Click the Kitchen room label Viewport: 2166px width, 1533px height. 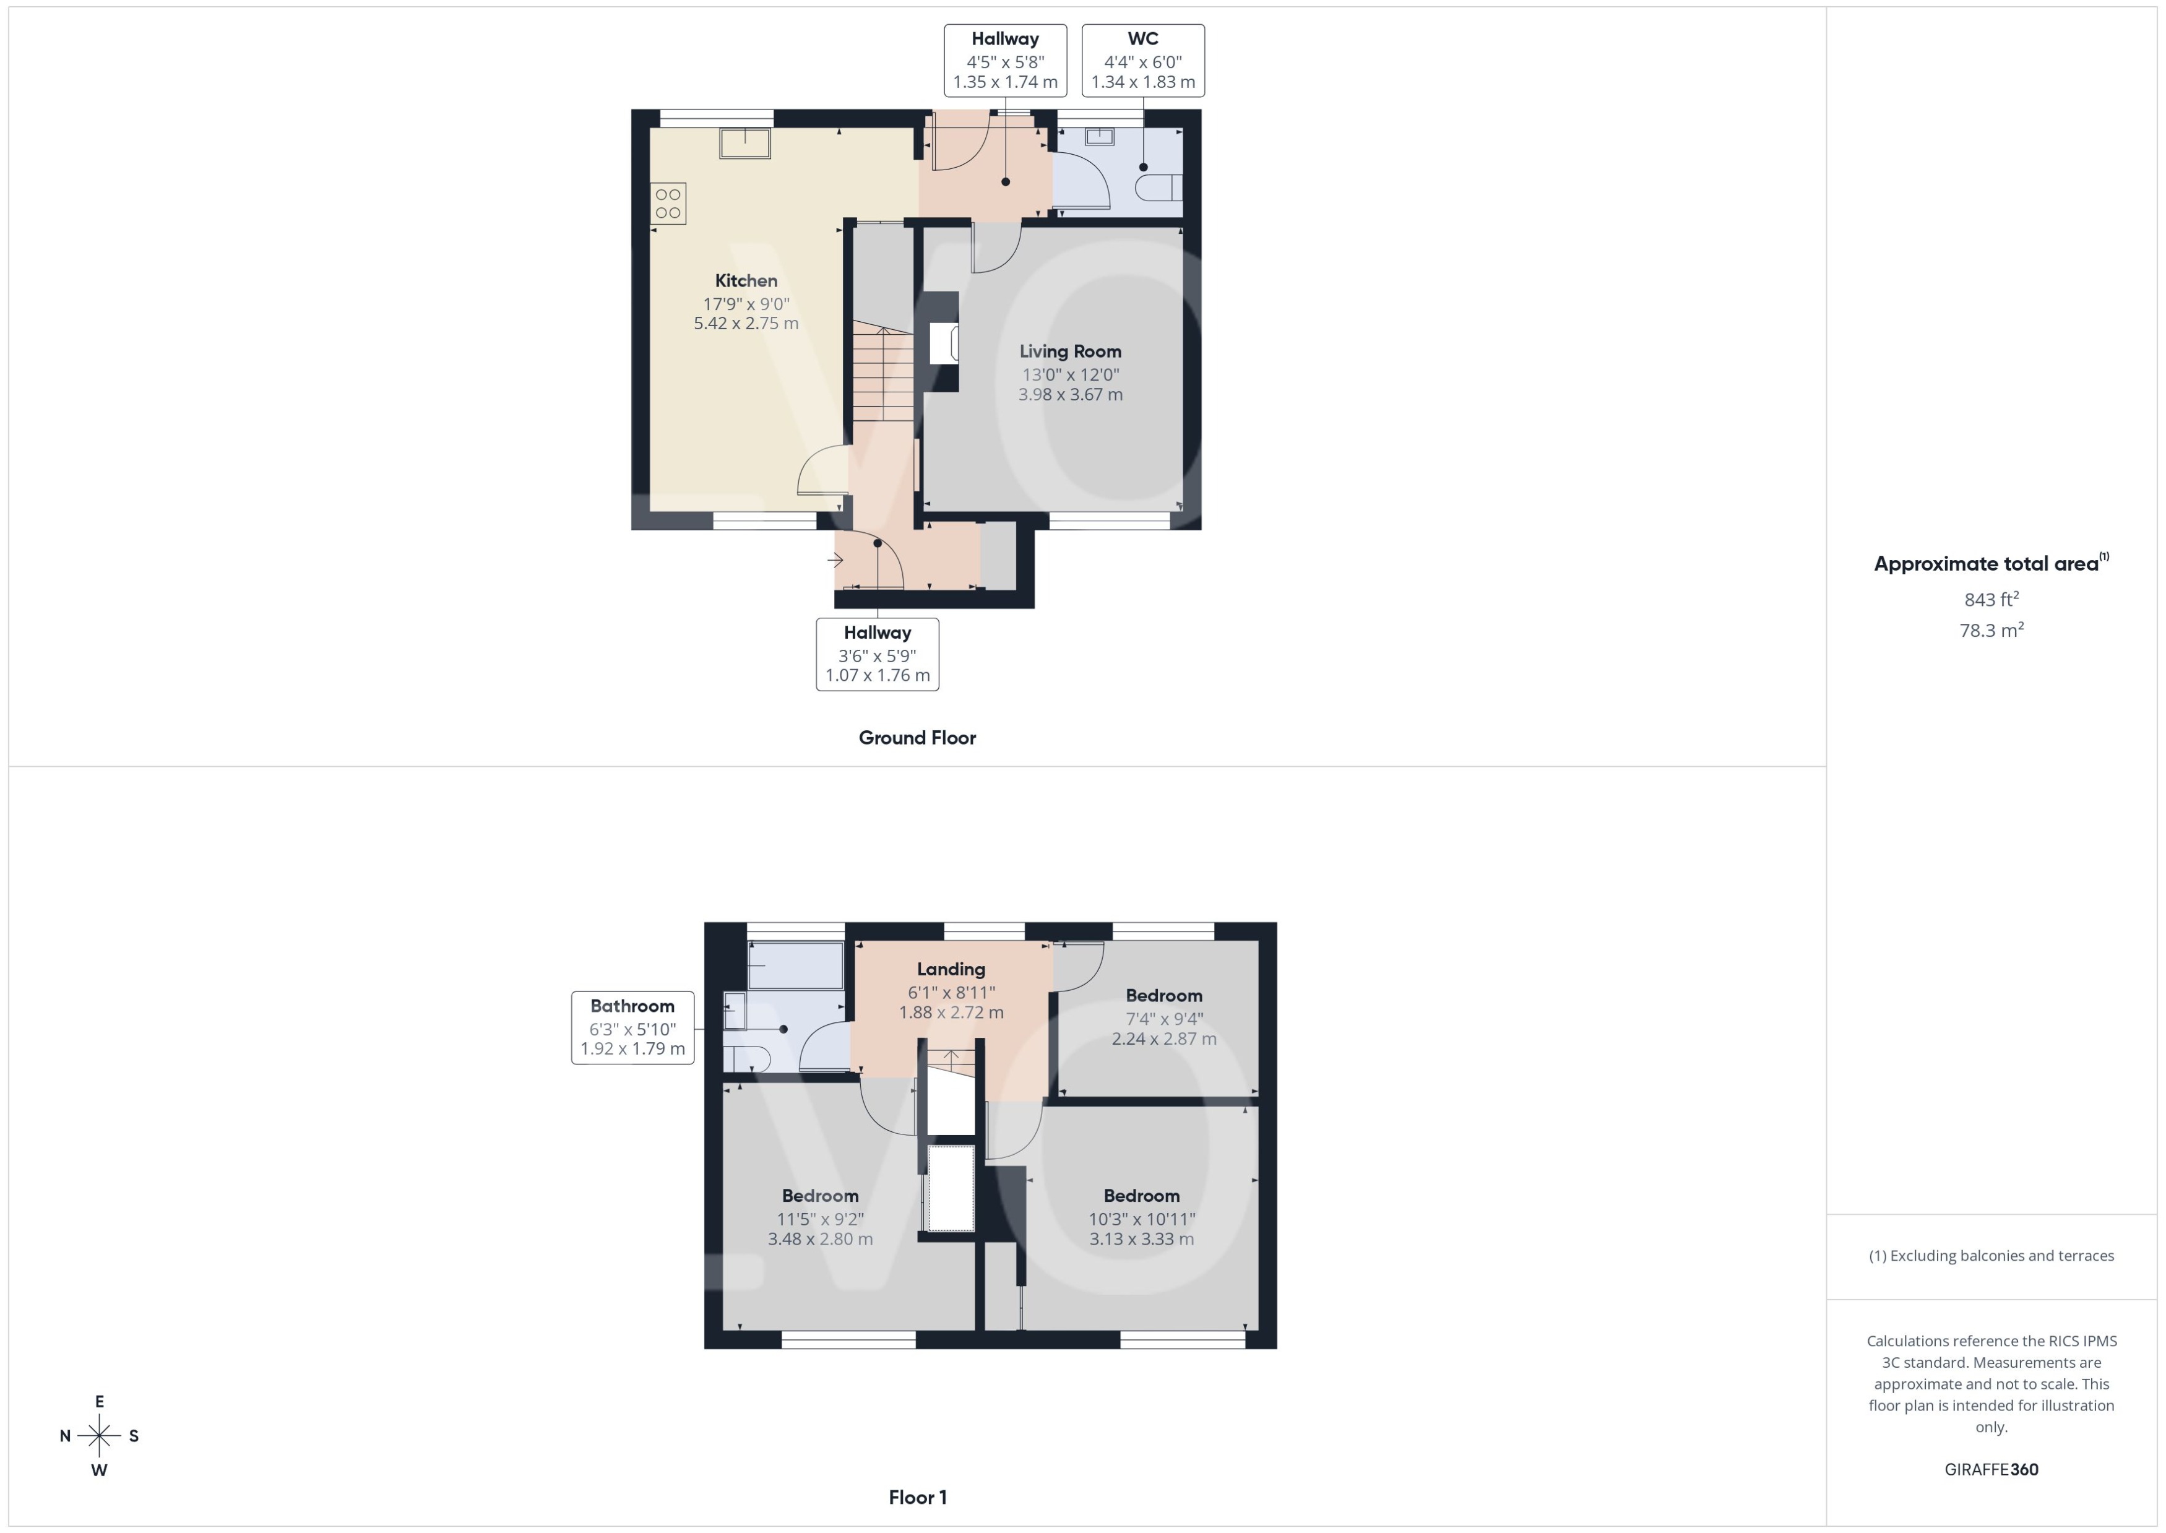pyautogui.click(x=746, y=280)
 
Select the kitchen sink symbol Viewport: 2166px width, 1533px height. pyautogui.click(x=744, y=144)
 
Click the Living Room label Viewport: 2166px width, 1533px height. pyautogui.click(x=1070, y=351)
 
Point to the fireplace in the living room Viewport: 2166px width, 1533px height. pyautogui.click(x=944, y=343)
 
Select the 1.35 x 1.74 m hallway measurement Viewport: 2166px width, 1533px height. pyautogui.click(x=1005, y=82)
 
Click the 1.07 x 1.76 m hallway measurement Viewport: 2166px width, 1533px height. pyautogui.click(x=877, y=676)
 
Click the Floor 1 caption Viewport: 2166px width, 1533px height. pyautogui.click(x=917, y=1497)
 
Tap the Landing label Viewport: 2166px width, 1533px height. pyautogui.click(x=951, y=969)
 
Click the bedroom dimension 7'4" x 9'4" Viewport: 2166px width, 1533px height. pyautogui.click(x=1163, y=1019)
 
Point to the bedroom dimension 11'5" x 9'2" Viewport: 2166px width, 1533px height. pyautogui.click(x=820, y=1219)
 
